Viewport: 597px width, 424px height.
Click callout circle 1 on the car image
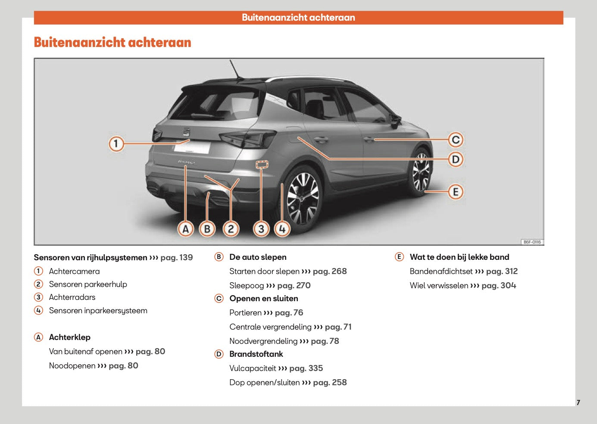point(116,143)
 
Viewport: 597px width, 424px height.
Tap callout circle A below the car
point(186,229)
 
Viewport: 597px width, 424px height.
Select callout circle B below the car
point(207,229)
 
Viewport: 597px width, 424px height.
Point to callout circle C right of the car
point(456,140)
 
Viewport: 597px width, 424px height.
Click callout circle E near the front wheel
point(456,192)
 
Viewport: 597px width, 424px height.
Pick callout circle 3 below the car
point(261,229)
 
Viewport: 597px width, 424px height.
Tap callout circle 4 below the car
point(282,229)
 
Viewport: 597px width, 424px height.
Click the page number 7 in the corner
point(578,402)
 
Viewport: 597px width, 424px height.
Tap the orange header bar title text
point(298,18)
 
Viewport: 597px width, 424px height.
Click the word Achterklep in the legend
point(70,337)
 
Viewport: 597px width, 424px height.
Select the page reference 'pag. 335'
point(306,368)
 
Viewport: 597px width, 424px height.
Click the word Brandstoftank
point(256,354)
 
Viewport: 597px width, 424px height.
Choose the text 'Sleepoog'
point(247,286)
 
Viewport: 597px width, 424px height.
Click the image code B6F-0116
point(532,242)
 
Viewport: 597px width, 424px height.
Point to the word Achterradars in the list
point(72,297)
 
